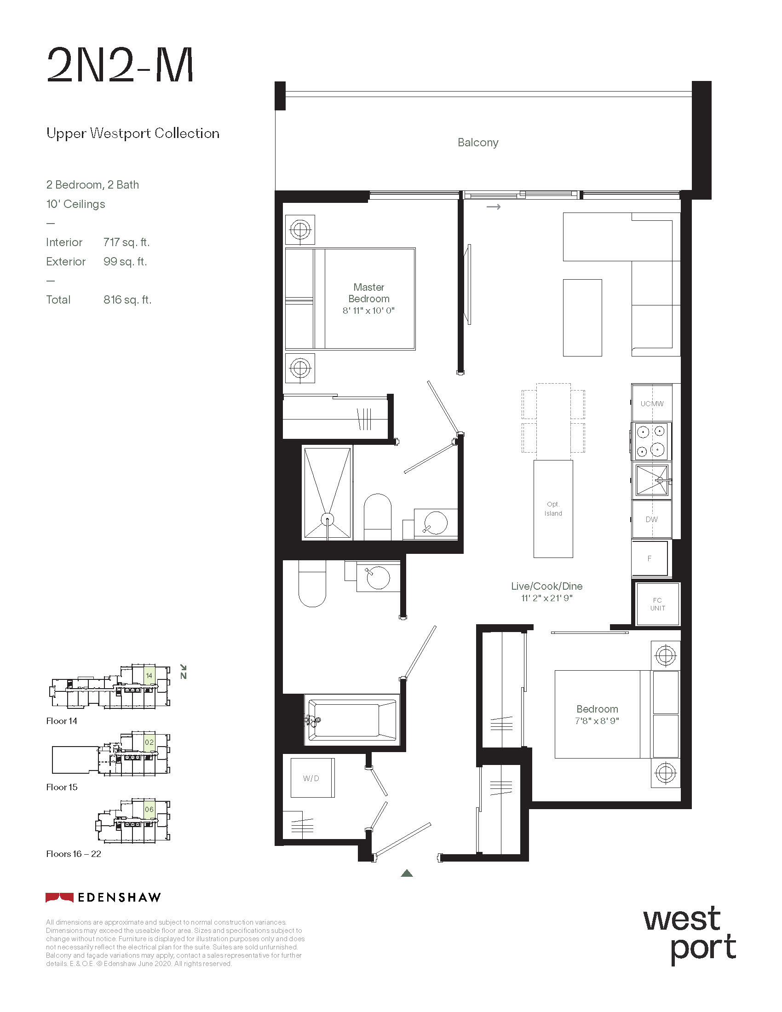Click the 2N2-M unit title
click(x=120, y=65)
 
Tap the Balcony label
click(x=477, y=142)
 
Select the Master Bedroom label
click(x=369, y=293)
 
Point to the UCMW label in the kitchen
click(x=652, y=403)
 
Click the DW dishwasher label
click(x=651, y=519)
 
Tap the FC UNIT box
click(x=657, y=604)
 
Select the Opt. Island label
click(x=553, y=509)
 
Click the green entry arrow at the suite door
click(x=407, y=873)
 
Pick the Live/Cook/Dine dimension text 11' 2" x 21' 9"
click(x=546, y=598)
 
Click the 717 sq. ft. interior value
click(x=126, y=242)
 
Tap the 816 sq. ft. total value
click(x=127, y=300)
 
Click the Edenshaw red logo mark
click(x=59, y=897)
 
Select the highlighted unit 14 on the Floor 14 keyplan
click(x=149, y=675)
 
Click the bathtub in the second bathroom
click(x=352, y=719)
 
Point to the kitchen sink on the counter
click(x=652, y=480)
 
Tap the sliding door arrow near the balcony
click(x=494, y=207)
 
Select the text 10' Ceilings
click(x=75, y=204)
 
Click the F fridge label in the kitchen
click(x=649, y=558)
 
